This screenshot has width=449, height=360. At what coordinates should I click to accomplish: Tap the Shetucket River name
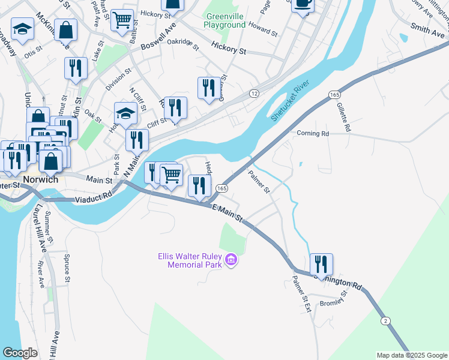coord(293,101)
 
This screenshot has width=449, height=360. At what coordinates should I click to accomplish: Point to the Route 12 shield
coord(254,94)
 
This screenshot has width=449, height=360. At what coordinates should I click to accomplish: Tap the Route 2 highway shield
coord(384,321)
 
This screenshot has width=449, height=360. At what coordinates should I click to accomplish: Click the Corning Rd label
coord(313,134)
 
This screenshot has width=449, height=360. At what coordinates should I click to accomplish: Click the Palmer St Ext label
coord(300,295)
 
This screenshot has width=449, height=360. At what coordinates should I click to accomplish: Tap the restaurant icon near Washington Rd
coord(321,264)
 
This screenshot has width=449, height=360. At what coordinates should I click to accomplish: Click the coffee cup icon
coord(302,5)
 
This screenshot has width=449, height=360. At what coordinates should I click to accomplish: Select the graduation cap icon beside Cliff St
coord(125,113)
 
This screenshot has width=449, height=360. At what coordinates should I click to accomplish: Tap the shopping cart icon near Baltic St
coord(122,19)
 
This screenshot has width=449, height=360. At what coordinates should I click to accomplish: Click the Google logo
coord(20,353)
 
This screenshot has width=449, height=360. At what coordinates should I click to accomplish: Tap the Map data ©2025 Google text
coord(411,355)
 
